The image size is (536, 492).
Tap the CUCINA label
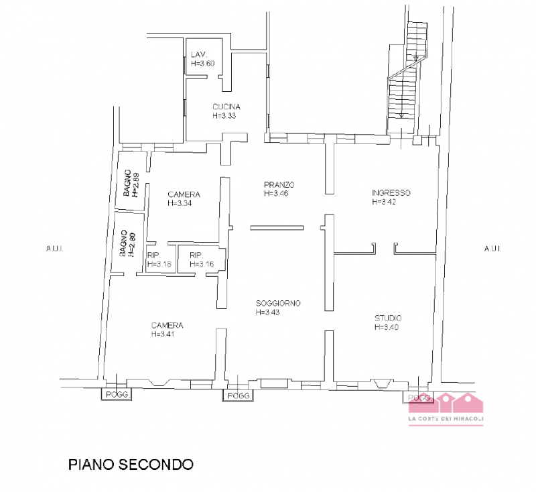click(226, 107)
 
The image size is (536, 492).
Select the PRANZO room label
click(279, 185)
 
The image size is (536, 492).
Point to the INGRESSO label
click(391, 193)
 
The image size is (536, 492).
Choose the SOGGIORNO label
click(278, 303)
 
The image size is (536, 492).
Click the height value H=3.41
click(163, 333)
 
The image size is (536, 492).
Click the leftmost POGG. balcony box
click(117, 395)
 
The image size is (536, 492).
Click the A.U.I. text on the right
click(491, 249)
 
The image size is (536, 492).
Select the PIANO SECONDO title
click(131, 464)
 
